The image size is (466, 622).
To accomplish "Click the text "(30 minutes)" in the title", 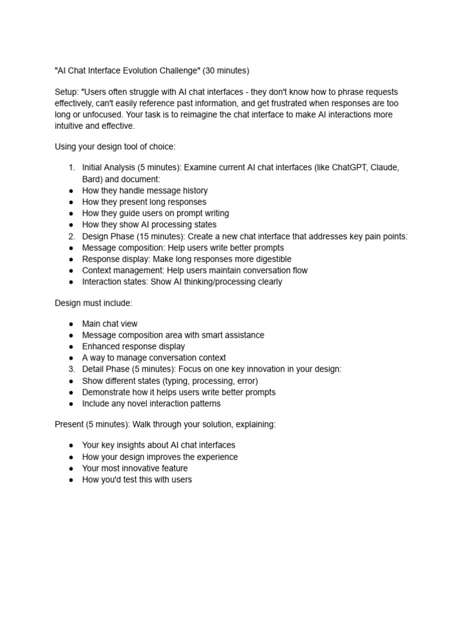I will pyautogui.click(x=226, y=70).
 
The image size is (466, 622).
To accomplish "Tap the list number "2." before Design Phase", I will pyautogui.click(x=71, y=236).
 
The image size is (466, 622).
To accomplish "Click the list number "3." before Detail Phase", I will pyautogui.click(x=71, y=369).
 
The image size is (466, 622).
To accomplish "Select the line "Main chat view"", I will pyautogui.click(x=110, y=324).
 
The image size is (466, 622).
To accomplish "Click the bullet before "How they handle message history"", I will pyautogui.click(x=71, y=191).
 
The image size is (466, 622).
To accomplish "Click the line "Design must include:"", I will pyautogui.click(x=93, y=302).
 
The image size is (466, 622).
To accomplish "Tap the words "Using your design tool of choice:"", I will pyautogui.click(x=115, y=147).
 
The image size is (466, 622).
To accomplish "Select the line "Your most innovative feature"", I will pyautogui.click(x=135, y=468).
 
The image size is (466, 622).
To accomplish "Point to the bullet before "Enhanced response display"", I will pyautogui.click(x=71, y=347).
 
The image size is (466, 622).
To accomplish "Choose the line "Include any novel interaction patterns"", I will pyautogui.click(x=151, y=403).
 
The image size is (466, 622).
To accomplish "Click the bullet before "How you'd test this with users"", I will pyautogui.click(x=71, y=480).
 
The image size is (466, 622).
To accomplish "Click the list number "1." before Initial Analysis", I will pyautogui.click(x=71, y=168).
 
